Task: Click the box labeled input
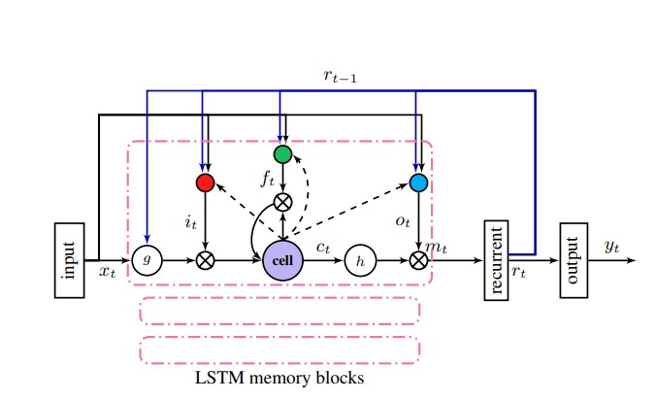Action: [69, 260]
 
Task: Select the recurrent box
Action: [496, 260]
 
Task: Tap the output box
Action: [574, 260]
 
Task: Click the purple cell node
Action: [282, 260]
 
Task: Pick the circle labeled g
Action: [146, 260]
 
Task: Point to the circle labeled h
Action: [360, 260]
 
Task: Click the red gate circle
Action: [205, 182]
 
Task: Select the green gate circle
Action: [282, 153]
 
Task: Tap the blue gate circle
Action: [418, 182]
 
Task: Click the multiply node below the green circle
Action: [282, 202]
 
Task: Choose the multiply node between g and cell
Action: [205, 260]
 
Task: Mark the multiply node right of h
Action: [418, 260]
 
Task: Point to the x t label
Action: [107, 273]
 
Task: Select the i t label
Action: [190, 222]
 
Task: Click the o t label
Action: [402, 222]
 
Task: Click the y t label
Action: [611, 248]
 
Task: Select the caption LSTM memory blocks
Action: [280, 378]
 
